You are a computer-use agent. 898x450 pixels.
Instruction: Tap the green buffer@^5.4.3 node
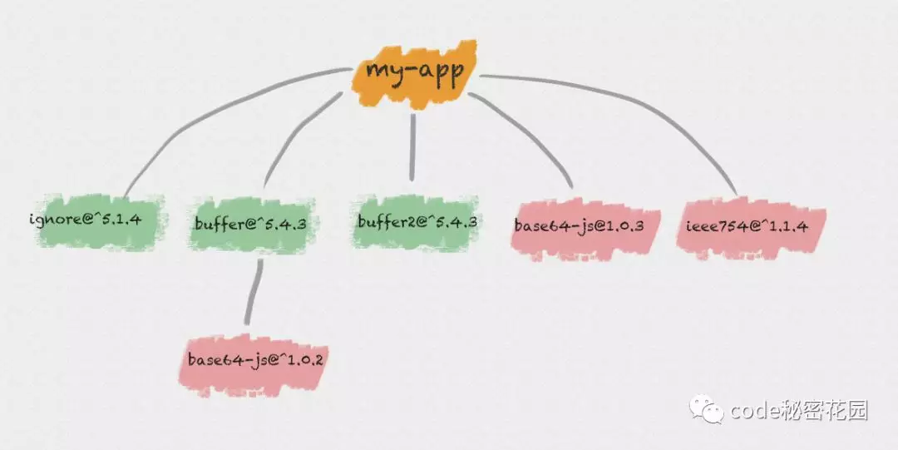click(251, 222)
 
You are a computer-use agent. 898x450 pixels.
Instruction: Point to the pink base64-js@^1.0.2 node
click(250, 361)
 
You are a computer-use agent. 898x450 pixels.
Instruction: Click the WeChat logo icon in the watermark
click(712, 411)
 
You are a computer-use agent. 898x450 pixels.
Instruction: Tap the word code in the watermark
click(756, 411)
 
